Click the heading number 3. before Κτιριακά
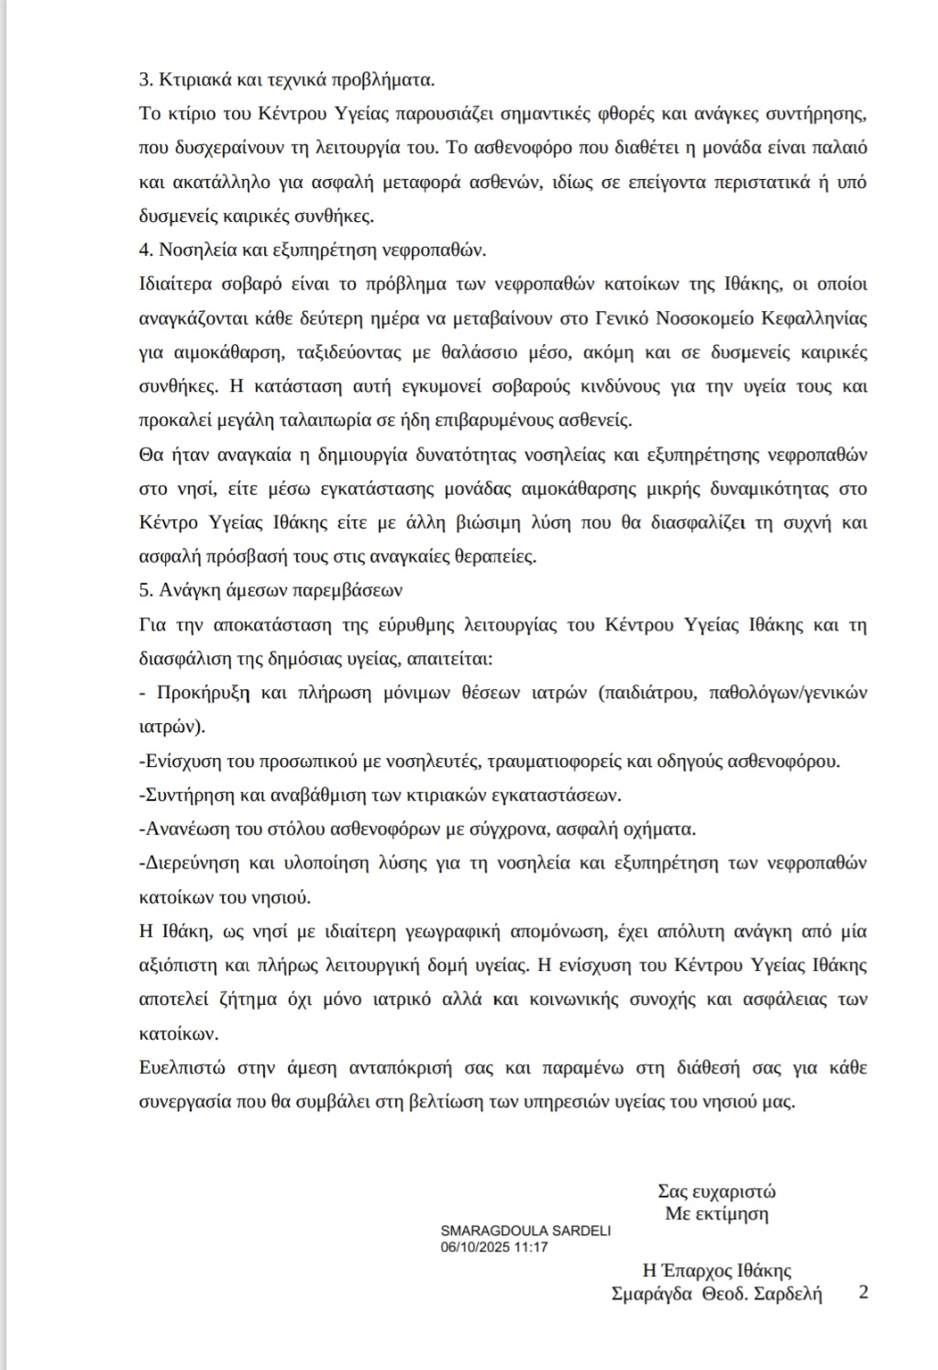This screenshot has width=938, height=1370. tap(146, 80)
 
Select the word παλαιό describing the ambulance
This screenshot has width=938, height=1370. tap(839, 148)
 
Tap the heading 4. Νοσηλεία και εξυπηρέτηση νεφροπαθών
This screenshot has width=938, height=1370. tap(313, 250)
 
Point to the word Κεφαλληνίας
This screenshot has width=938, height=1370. tap(816, 318)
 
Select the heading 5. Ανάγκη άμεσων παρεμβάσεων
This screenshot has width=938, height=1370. tap(270, 591)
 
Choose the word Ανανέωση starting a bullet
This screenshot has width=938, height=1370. tap(181, 830)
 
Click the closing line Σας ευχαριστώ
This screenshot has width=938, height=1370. tap(716, 1192)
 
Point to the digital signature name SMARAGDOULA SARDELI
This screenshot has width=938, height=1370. tap(525, 1231)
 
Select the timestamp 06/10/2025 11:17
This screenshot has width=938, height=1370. tap(494, 1247)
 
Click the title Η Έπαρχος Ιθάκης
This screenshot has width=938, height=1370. tap(717, 1271)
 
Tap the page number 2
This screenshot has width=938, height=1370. tap(863, 1292)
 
